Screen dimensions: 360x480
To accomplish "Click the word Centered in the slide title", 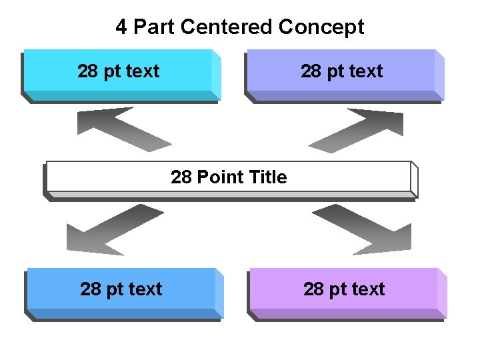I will pyautogui.click(x=227, y=27).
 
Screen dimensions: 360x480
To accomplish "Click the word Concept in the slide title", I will pyautogui.click(x=321, y=27).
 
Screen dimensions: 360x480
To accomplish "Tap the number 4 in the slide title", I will pyautogui.click(x=121, y=27).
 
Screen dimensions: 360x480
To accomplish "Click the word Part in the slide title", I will pyautogui.click(x=154, y=27).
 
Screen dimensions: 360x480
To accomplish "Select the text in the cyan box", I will pyautogui.click(x=119, y=71).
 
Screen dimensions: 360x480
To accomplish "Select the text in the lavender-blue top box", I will pyautogui.click(x=342, y=71).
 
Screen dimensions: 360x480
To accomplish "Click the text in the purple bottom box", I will pyautogui.click(x=344, y=289).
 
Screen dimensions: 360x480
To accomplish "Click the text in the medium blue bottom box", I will pyautogui.click(x=121, y=289).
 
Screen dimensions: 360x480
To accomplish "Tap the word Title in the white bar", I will pyautogui.click(x=267, y=177).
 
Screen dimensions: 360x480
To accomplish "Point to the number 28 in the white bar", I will pyautogui.click(x=181, y=177).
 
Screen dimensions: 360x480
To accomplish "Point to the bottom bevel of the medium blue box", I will pyautogui.click(x=123, y=314).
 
